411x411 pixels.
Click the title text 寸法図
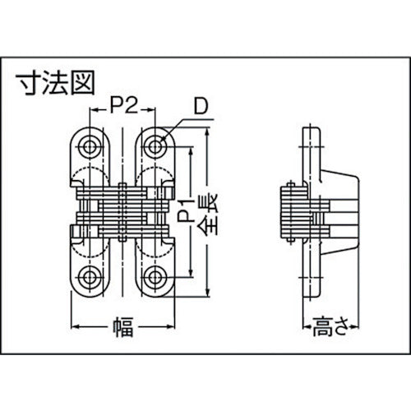point(57,82)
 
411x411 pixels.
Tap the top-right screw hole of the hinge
point(155,145)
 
